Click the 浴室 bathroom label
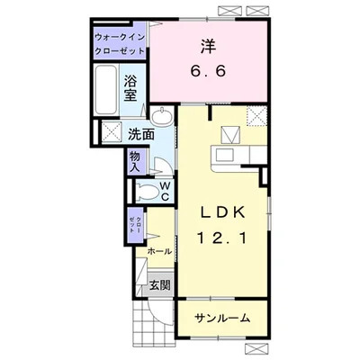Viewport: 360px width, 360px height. pos(130,86)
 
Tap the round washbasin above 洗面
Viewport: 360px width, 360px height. pos(163,118)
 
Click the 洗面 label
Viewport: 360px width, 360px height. pos(139,134)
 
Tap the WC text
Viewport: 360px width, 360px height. pos(166,190)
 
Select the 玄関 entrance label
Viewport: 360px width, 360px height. pos(159,286)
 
